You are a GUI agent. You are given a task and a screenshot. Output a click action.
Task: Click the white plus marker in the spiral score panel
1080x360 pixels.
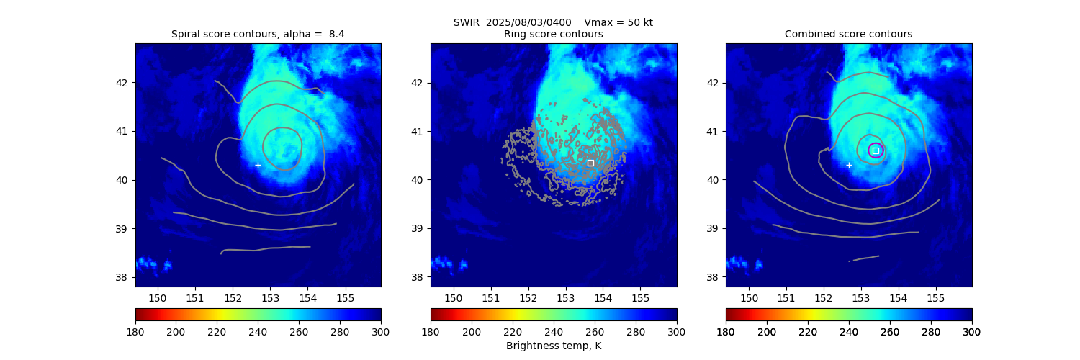258,165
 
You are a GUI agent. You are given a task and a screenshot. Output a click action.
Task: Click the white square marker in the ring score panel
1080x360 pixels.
590,163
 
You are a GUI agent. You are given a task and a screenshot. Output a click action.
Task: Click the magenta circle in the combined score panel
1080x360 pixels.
876,150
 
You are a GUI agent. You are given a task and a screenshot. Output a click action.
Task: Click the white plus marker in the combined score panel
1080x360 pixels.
849,165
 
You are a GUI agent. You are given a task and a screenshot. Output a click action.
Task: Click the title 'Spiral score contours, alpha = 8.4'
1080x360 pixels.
258,35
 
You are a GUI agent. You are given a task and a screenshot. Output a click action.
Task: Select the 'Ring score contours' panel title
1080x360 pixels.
553,35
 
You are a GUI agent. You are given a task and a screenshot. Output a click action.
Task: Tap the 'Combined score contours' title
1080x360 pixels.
848,35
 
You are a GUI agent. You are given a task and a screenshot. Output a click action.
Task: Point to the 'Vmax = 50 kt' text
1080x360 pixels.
618,22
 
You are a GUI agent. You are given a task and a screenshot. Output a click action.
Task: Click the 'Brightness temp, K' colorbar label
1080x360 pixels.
553,346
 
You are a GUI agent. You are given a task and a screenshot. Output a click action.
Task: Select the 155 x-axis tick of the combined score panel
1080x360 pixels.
935,297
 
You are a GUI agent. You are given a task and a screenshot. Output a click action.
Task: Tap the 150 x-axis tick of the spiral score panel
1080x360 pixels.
158,297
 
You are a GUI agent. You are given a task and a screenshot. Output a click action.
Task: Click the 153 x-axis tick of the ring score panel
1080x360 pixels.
565,297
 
